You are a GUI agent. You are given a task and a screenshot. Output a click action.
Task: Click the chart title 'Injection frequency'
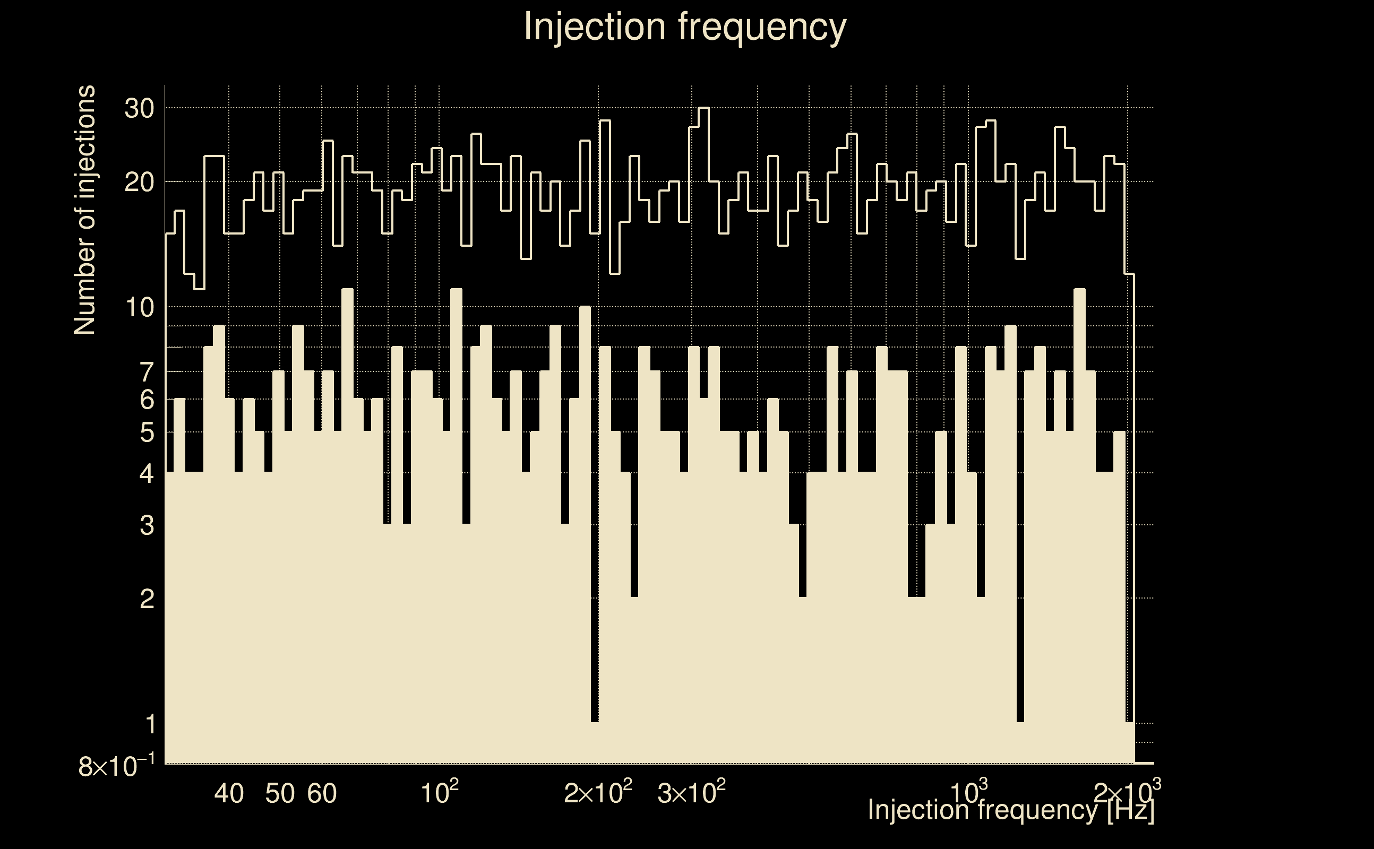[x=684, y=27]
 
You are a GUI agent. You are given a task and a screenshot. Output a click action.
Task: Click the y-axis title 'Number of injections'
[x=85, y=210]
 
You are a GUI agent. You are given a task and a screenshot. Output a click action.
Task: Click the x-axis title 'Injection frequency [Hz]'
[x=1010, y=810]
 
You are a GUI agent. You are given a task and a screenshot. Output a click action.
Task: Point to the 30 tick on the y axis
[x=139, y=108]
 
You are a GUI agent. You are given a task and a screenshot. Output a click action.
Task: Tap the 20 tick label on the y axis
[x=139, y=183]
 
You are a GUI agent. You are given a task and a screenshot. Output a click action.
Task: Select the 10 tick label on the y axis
[x=139, y=308]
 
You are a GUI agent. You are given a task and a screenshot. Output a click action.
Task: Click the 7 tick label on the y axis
[x=147, y=372]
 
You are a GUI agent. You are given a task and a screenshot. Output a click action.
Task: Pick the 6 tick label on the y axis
[x=147, y=400]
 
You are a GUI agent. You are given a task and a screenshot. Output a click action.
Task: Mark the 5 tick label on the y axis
[x=147, y=433]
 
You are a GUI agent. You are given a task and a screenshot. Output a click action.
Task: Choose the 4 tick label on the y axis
[x=147, y=473]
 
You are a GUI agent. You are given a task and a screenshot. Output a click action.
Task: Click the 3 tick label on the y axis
[x=147, y=525]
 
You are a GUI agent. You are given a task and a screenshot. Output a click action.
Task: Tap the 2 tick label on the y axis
[x=147, y=600]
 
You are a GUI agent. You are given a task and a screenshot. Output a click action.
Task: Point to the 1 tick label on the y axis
[x=150, y=724]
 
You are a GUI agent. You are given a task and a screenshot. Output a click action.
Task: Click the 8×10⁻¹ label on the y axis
[x=116, y=766]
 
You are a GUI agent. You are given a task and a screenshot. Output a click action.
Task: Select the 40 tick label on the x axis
[x=229, y=793]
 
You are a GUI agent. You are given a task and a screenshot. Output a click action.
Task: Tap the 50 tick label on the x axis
[x=280, y=793]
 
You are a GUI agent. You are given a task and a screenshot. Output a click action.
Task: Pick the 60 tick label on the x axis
[x=322, y=793]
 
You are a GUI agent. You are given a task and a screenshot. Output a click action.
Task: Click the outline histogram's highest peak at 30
[x=704, y=108]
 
